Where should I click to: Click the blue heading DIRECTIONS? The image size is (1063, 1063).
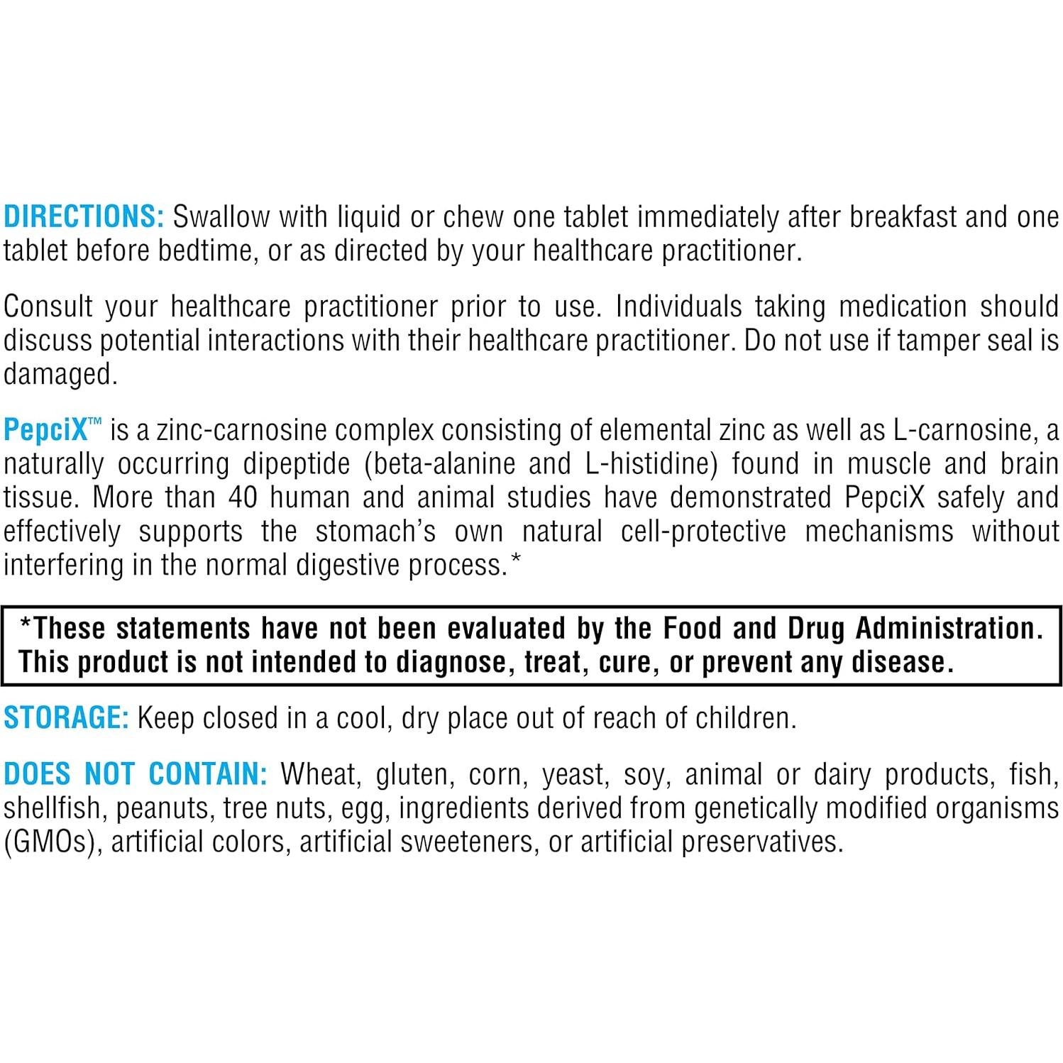84,216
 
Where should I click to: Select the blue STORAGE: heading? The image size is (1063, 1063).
66,717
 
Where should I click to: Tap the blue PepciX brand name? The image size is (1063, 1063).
45,430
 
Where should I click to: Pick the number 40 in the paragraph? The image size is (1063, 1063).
243,497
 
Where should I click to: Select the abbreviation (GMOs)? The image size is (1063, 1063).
48,842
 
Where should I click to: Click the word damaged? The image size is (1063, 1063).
60,374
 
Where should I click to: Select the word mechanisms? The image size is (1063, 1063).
879,531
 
